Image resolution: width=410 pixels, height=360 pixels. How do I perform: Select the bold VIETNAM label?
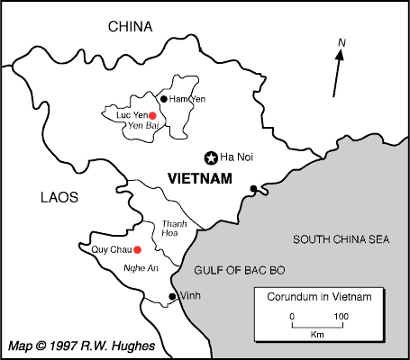click(x=200, y=178)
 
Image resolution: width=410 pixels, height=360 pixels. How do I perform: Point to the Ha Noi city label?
click(x=237, y=157)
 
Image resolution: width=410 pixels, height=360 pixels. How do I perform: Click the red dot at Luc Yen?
click(x=152, y=115)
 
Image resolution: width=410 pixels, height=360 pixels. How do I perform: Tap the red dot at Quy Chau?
click(x=137, y=249)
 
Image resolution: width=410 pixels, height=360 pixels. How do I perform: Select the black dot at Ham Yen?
click(x=163, y=98)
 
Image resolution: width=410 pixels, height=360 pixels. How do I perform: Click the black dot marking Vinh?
click(x=172, y=296)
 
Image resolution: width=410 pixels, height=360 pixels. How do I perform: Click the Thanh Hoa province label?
click(x=174, y=229)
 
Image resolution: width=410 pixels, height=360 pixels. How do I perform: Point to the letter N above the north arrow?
click(x=342, y=42)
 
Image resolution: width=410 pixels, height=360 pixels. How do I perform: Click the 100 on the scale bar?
click(x=341, y=316)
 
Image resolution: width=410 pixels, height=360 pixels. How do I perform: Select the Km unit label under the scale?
click(x=316, y=334)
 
